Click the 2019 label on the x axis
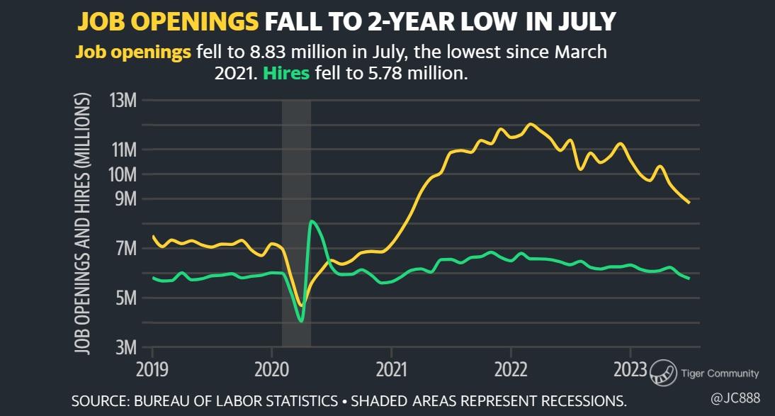point(152,369)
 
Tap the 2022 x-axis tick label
point(511,369)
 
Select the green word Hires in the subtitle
point(286,74)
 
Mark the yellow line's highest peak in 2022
point(530,124)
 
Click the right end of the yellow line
point(689,203)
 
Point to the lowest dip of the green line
point(301,321)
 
